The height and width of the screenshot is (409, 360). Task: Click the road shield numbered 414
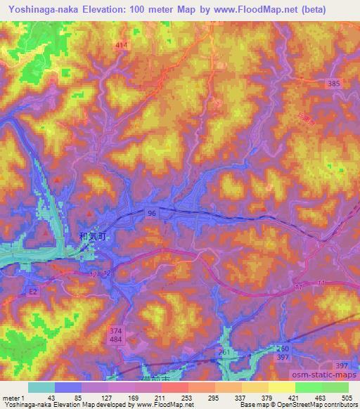point(122,45)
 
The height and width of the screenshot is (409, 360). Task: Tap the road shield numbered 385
point(334,83)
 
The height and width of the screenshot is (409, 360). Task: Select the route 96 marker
point(151,212)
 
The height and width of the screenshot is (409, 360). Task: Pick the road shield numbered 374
point(116,330)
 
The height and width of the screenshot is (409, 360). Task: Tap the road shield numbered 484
point(116,340)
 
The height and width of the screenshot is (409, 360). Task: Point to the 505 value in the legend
point(347,398)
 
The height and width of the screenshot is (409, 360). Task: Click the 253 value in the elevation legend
point(187,398)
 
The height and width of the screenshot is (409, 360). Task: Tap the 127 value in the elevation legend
point(108,398)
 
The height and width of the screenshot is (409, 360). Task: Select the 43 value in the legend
point(51,398)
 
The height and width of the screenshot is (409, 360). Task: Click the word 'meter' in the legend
point(10,398)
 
